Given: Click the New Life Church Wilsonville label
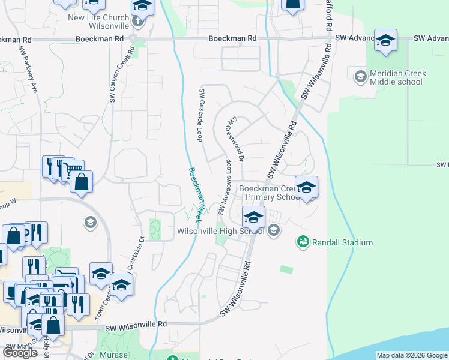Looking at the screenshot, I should pos(107,22).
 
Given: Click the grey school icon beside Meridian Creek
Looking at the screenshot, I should pos(360,76).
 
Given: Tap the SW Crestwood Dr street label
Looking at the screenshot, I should pos(234,139).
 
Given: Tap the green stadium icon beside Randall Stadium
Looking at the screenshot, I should pos(303,242).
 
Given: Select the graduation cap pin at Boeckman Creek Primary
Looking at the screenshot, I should pos(306,187).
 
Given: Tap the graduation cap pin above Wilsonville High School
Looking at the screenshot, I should pos(253,217).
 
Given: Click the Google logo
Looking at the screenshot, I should pos(20,353).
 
